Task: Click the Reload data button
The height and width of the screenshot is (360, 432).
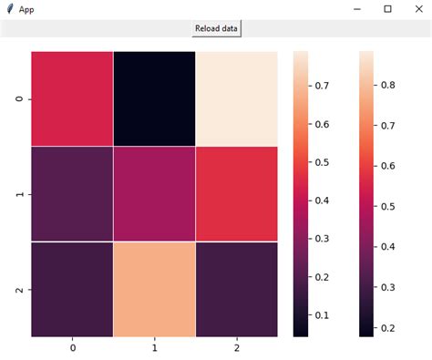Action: point(216,28)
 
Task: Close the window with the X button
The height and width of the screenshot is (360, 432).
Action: point(417,8)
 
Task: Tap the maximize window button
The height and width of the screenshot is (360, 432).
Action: point(387,8)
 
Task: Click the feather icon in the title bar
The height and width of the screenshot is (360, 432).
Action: point(9,8)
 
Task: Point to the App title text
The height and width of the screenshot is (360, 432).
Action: point(27,8)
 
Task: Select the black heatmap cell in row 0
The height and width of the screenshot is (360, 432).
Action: point(154,98)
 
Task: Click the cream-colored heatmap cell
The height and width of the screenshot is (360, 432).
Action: point(236,98)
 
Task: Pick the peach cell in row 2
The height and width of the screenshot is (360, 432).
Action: point(154,289)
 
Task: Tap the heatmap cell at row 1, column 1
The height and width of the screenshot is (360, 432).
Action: point(154,193)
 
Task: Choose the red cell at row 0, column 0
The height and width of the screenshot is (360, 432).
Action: point(72,98)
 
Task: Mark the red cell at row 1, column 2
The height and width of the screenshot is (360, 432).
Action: point(236,193)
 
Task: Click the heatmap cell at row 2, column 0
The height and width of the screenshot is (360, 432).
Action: point(72,289)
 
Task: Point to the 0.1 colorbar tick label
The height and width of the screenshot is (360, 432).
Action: point(322,315)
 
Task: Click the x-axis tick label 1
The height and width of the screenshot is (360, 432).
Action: point(154,348)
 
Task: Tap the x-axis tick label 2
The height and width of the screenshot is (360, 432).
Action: point(236,348)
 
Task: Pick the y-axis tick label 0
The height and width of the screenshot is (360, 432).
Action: point(20,98)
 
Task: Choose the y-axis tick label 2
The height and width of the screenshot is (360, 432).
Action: point(20,289)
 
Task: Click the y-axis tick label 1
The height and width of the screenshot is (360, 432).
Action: point(20,194)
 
